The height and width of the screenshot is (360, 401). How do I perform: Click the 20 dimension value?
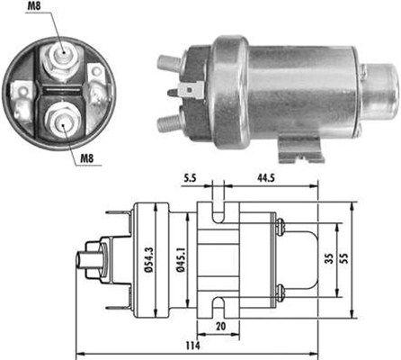(221, 325)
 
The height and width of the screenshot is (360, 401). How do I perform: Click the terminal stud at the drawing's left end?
(91, 261)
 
